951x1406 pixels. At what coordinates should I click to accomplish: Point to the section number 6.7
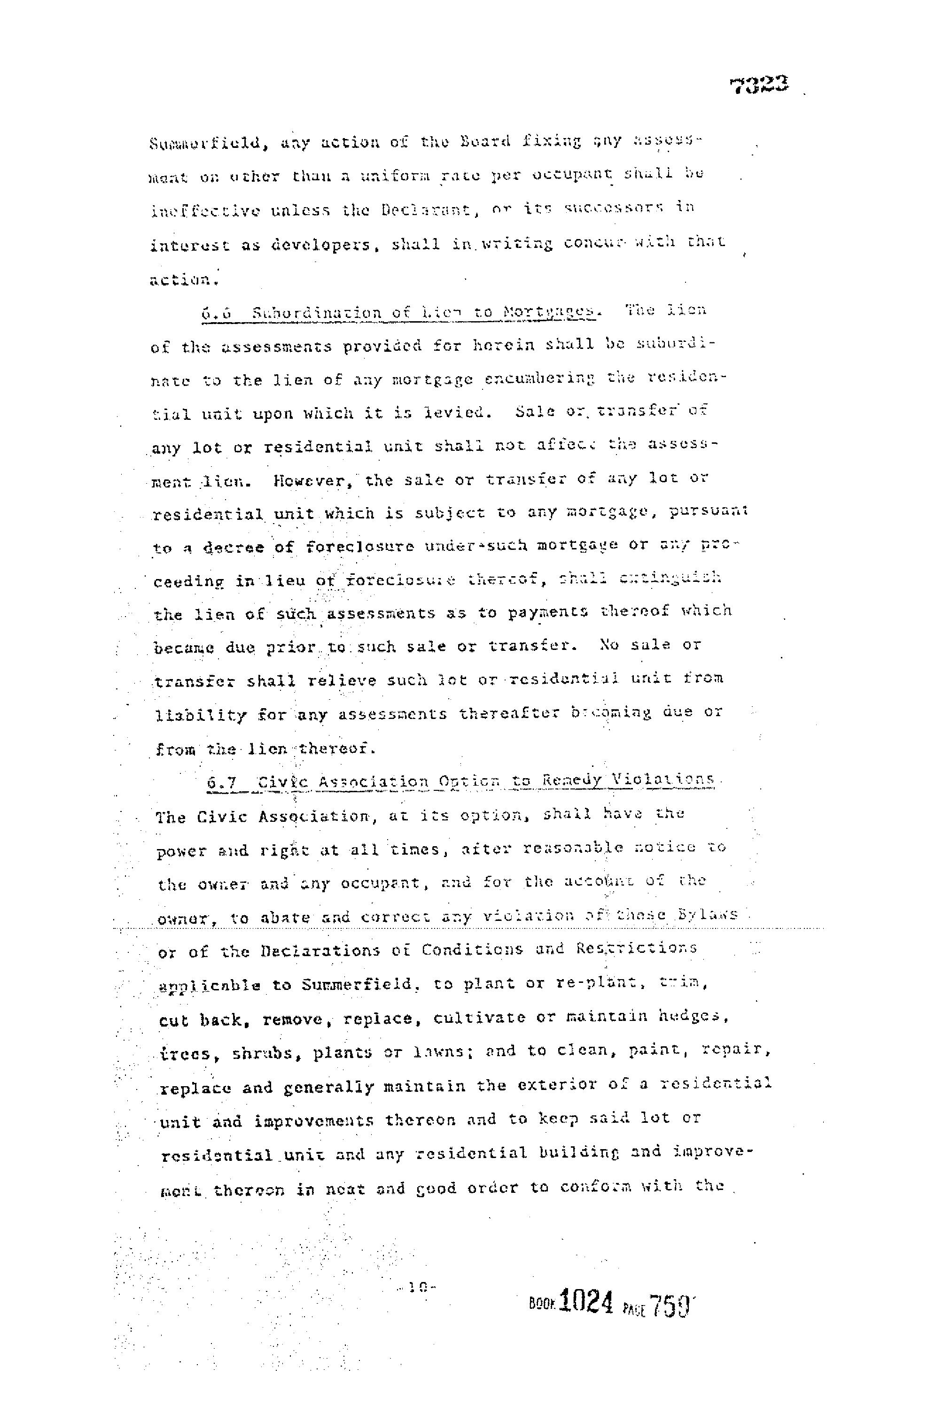pos(221,781)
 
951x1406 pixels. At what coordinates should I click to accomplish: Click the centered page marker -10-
pos(416,1288)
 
